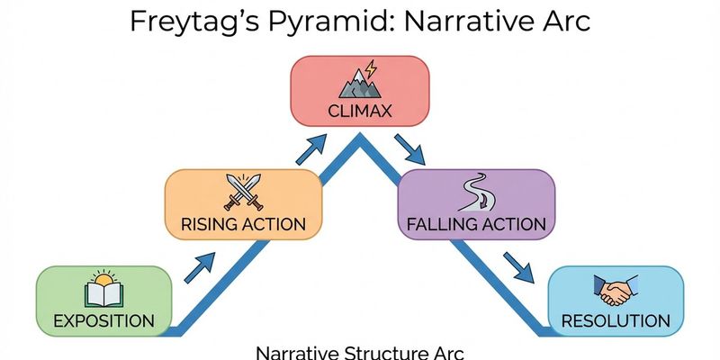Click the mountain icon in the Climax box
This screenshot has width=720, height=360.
point(358,85)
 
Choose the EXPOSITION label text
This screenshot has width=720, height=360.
point(103,319)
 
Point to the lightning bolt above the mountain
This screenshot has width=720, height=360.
point(369,67)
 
